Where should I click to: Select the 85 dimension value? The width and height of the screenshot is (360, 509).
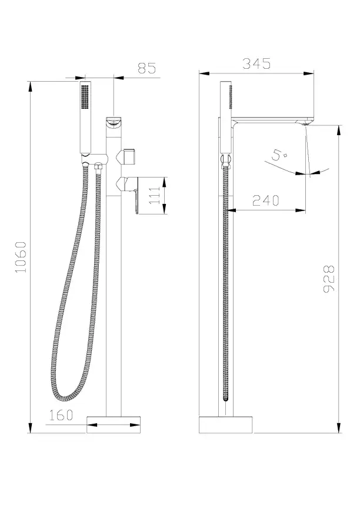(147, 68)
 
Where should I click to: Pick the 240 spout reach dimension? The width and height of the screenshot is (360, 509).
(266, 200)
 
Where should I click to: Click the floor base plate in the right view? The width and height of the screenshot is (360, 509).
(226, 425)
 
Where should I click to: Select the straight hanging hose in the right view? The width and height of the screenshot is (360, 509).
(225, 282)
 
